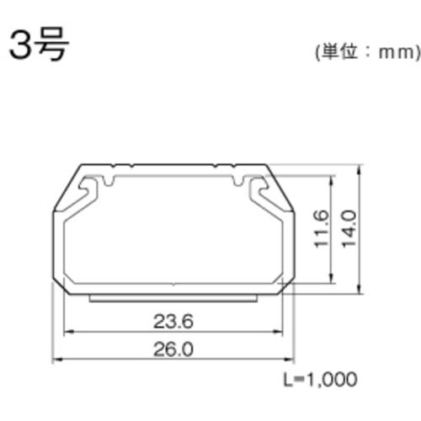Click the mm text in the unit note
coord(395,52)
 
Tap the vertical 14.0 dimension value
coord(350,228)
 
